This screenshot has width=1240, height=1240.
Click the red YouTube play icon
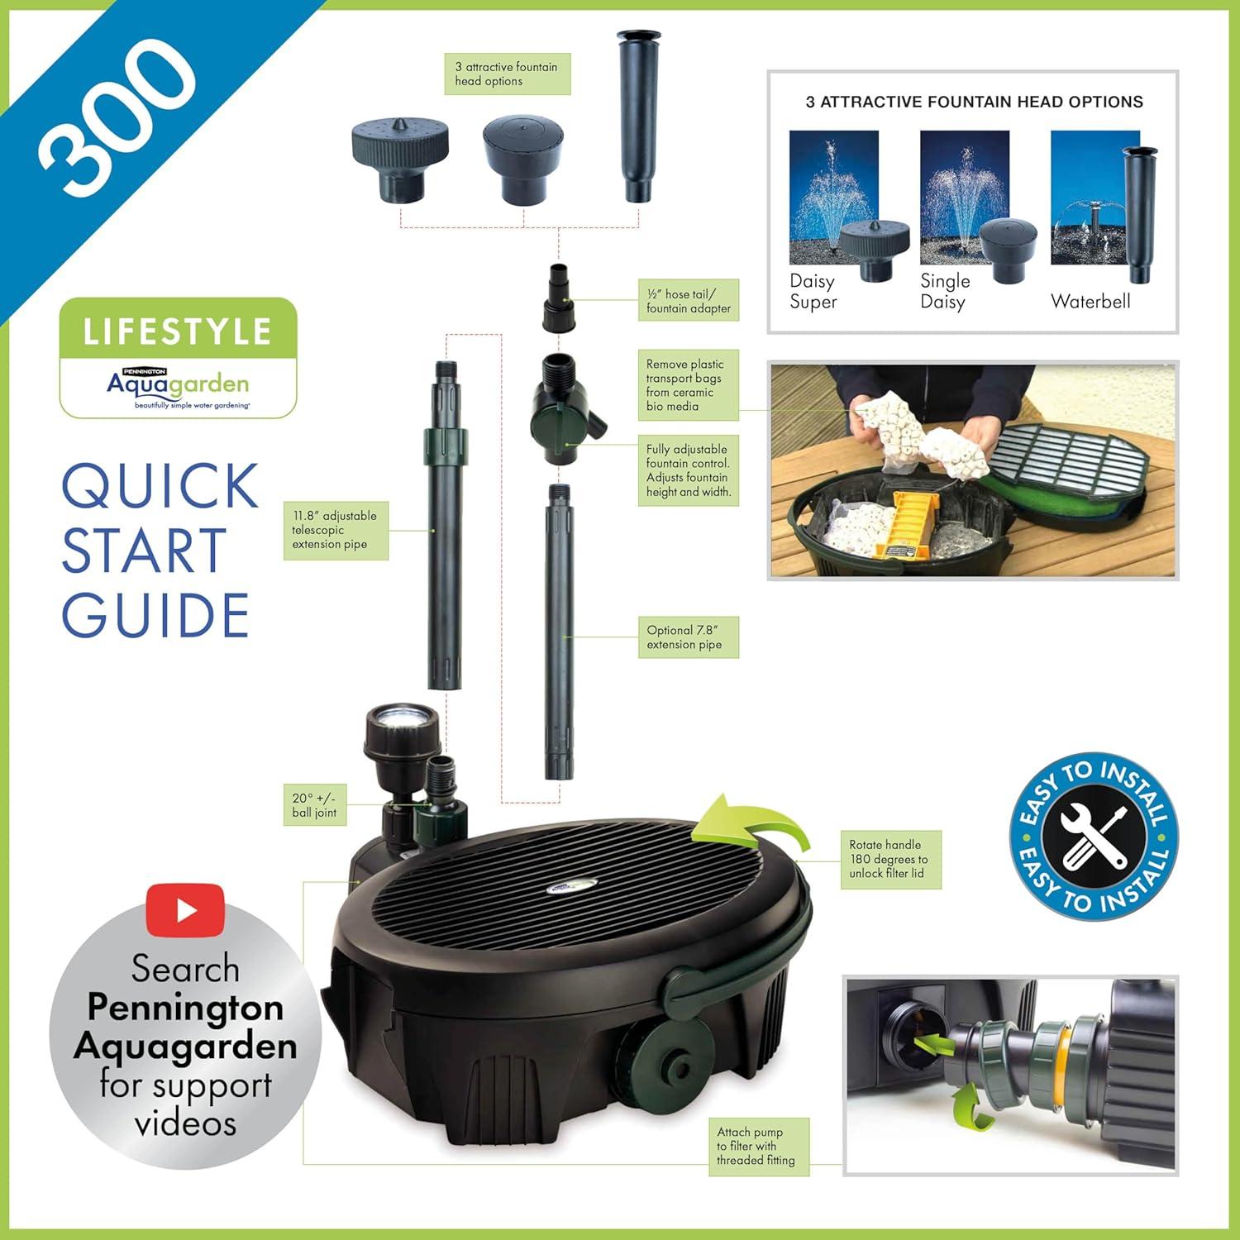186,910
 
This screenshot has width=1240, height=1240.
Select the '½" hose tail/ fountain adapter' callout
689,301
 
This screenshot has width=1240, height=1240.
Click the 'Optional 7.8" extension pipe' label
688,637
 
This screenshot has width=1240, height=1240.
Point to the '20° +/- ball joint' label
314,805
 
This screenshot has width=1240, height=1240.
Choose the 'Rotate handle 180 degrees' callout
889,859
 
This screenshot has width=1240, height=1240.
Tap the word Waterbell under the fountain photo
1090,302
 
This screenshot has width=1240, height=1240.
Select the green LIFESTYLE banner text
178,332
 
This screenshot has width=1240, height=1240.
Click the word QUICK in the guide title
160,487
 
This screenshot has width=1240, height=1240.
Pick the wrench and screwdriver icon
1094,837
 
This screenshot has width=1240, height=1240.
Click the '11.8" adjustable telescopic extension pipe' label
335,530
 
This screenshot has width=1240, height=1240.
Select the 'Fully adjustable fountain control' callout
688,470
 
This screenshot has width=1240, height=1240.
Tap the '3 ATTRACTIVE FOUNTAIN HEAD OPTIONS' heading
974,103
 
